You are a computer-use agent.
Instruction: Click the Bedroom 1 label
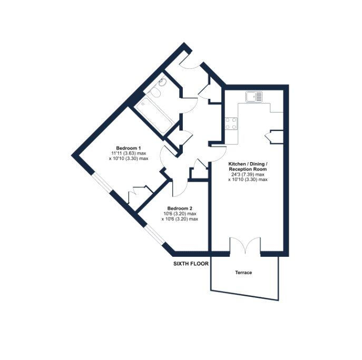(129, 148)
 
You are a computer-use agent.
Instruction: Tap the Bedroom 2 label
(180, 208)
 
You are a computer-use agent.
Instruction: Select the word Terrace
(243, 273)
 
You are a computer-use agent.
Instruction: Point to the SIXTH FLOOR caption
(191, 264)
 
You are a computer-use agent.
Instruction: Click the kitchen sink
(254, 97)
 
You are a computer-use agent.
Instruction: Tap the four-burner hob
(231, 123)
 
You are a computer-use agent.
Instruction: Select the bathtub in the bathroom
(154, 116)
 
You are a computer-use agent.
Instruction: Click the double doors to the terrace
(245, 245)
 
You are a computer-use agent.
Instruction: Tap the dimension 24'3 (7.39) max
(247, 175)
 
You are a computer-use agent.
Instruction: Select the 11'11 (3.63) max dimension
(129, 153)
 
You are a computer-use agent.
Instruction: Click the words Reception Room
(248, 169)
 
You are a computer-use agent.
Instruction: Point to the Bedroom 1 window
(102, 183)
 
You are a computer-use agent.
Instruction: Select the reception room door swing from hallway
(218, 154)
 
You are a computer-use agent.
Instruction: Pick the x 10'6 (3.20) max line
(180, 219)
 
